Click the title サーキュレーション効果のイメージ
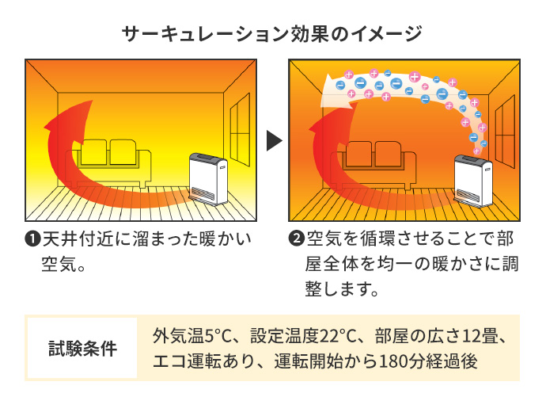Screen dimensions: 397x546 pos(272,33)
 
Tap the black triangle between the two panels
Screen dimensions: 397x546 pos(274,141)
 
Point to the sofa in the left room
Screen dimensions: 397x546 pos(110,158)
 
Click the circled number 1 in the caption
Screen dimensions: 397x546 pos(33,239)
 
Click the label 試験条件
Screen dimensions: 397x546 pos(82,348)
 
